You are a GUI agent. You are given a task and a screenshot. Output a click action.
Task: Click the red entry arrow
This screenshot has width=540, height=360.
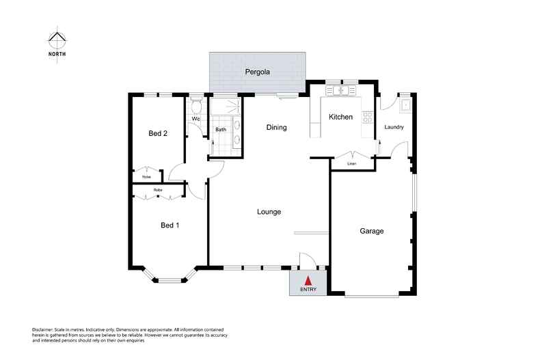click(x=308, y=280)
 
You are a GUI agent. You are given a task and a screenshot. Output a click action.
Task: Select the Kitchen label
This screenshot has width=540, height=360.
click(x=340, y=117)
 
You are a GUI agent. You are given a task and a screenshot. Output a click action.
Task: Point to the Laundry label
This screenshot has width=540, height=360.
click(x=394, y=127)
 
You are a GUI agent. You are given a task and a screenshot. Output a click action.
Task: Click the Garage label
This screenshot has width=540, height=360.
click(x=371, y=231)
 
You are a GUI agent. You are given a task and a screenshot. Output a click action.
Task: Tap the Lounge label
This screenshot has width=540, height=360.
click(x=269, y=212)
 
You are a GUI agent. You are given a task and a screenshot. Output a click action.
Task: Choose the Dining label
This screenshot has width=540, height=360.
click(x=276, y=127)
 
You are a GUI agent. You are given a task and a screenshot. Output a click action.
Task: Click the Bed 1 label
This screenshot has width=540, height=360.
click(x=170, y=225)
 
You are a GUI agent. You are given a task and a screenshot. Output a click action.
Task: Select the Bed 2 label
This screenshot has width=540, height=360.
click(x=158, y=133)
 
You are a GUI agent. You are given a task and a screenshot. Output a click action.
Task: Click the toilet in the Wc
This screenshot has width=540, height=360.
click(x=195, y=107)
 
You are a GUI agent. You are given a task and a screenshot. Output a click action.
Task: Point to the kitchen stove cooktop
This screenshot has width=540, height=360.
click(x=368, y=117)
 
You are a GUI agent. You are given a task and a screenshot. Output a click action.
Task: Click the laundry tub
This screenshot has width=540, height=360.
click(x=405, y=105)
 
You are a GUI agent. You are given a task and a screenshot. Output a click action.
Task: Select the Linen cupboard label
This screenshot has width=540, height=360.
click(x=352, y=164)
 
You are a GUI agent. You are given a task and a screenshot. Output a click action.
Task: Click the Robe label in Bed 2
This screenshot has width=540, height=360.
click(x=146, y=177)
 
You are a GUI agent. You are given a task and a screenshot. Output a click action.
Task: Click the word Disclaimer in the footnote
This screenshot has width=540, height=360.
click(x=45, y=329)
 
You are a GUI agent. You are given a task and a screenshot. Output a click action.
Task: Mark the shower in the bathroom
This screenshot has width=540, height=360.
click(x=224, y=107)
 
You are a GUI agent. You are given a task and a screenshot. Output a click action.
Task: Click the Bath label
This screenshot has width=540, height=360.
click(x=221, y=129)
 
